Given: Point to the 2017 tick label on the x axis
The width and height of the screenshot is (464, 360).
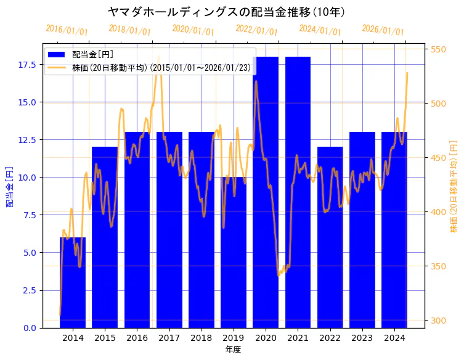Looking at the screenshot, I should [x=169, y=338].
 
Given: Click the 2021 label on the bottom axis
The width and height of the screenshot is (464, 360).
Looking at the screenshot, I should [x=298, y=338].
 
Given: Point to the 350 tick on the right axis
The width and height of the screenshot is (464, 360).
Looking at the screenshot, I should [x=438, y=266].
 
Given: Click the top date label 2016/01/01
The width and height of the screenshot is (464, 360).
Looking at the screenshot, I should [x=67, y=30].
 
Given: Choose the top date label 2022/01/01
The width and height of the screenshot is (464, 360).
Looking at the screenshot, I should [x=257, y=30].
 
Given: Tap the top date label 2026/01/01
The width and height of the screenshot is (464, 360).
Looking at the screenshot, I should [x=383, y=30].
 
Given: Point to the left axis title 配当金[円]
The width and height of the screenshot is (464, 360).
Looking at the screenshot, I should [x=10, y=186].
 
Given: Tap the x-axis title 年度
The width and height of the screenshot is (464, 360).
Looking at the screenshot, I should [x=233, y=350].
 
